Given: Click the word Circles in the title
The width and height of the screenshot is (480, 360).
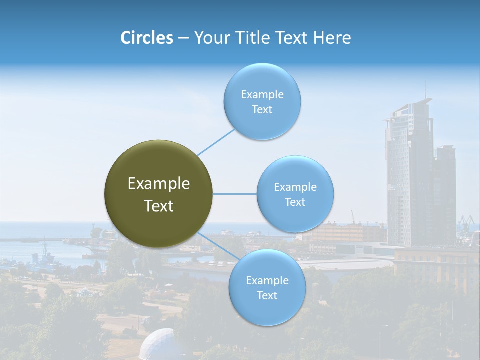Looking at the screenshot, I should tap(146, 38).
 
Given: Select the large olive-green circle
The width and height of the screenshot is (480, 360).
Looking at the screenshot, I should tap(158, 194).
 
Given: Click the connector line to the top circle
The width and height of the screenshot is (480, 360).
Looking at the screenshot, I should tap(216, 142).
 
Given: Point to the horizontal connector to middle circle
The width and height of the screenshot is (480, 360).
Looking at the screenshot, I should tap(234, 194).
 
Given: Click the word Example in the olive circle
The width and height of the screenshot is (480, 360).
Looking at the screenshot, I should tap(159, 184).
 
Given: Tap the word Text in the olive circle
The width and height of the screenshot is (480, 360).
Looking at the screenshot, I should tap(159, 206).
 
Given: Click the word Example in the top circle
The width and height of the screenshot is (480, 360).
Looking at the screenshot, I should tap(262, 95).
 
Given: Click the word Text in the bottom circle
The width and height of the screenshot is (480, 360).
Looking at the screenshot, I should tap(267, 296).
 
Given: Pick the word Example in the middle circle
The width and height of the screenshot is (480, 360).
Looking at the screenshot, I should tap(295, 187).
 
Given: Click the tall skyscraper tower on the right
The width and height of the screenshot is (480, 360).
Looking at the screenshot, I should tap(407, 175).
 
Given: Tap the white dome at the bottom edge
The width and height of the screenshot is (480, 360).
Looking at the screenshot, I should tap(157, 345).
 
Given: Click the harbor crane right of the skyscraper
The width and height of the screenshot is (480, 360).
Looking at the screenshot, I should tap(467, 220).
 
